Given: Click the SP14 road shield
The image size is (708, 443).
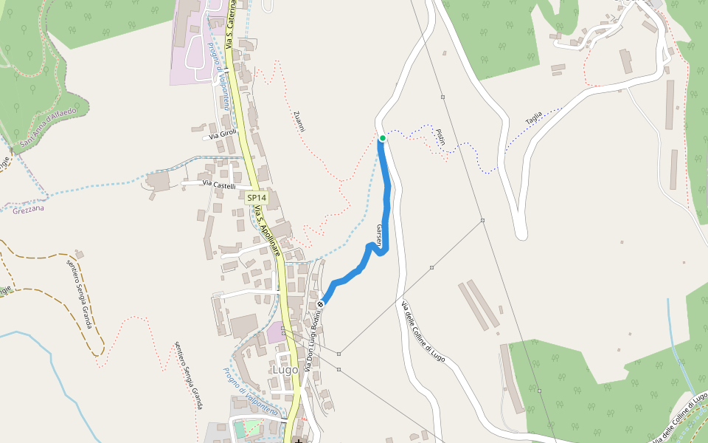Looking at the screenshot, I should tap(256, 198).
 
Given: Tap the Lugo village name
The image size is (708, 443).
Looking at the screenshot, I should tap(285, 369).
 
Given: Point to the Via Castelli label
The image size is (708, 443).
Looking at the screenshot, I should tap(219, 186).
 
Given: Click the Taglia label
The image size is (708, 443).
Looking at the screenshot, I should tap(533, 116).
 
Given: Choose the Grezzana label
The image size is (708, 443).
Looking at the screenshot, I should tap(29, 210).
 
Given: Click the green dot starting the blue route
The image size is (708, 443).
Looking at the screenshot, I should tap(382, 138).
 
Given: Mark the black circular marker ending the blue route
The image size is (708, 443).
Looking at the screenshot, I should tap(320, 304).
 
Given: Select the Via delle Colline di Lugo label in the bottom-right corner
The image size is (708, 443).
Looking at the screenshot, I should tap(679, 419).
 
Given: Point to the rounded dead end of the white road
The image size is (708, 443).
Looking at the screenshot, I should tap(521, 234).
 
